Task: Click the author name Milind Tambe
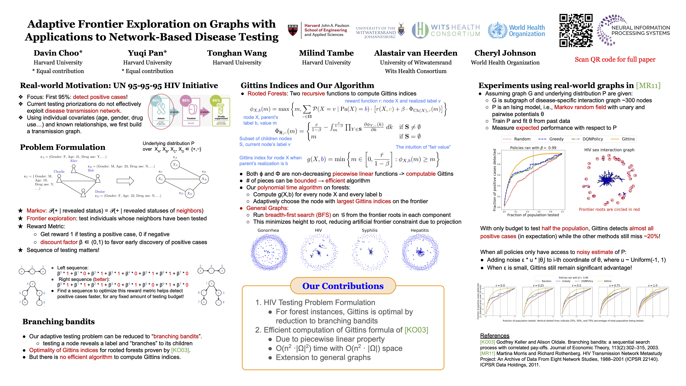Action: coord(326,53)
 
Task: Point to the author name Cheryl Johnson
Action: coord(505,53)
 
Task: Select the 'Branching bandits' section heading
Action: coord(59,322)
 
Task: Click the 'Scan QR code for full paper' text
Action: coord(615,59)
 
